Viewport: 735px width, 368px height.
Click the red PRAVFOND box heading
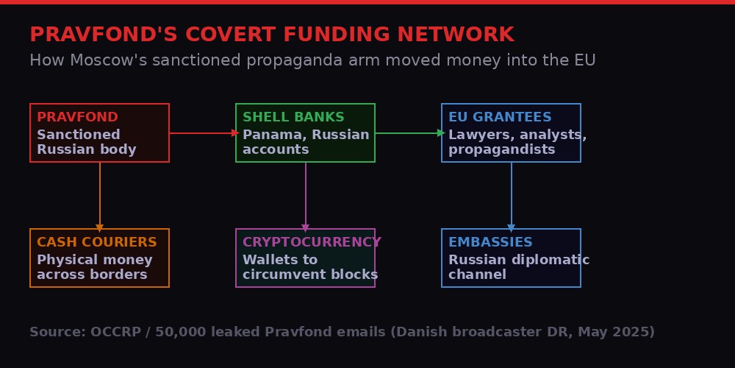tap(77, 117)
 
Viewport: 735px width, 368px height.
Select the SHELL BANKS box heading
tap(293, 117)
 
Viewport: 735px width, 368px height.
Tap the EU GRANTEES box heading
tap(500, 117)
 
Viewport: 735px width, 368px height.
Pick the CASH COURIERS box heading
tap(97, 242)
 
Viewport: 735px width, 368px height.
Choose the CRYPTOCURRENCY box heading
tap(312, 242)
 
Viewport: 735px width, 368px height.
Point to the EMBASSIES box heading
tap(490, 242)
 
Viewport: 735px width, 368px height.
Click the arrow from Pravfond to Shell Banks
tap(202, 133)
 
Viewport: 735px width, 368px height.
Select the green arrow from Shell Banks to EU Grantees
tap(408, 133)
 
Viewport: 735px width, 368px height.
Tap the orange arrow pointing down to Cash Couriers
tap(100, 195)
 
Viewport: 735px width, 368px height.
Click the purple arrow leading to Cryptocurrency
tap(306, 195)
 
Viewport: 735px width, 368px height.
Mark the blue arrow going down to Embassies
tap(512, 195)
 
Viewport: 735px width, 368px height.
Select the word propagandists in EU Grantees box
tap(502, 149)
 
